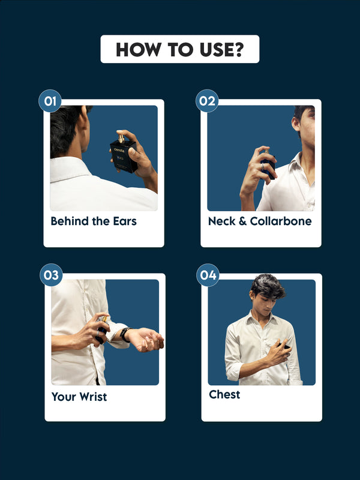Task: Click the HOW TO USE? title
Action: coord(179,50)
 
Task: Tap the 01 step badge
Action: coord(50,101)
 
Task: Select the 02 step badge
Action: coord(207,101)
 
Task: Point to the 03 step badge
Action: coord(51,275)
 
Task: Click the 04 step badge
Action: coord(208,275)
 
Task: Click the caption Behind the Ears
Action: coord(94,221)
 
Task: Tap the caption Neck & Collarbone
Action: coord(260,221)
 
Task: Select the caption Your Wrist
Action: coord(79,397)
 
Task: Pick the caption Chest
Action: coord(224,395)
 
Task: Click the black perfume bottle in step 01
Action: coord(124,156)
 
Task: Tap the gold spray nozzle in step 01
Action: coord(121,139)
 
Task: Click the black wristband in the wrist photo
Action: coord(125,335)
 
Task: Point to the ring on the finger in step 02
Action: coord(262,166)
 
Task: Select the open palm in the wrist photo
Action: coord(146,339)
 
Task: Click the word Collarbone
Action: coord(281,221)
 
